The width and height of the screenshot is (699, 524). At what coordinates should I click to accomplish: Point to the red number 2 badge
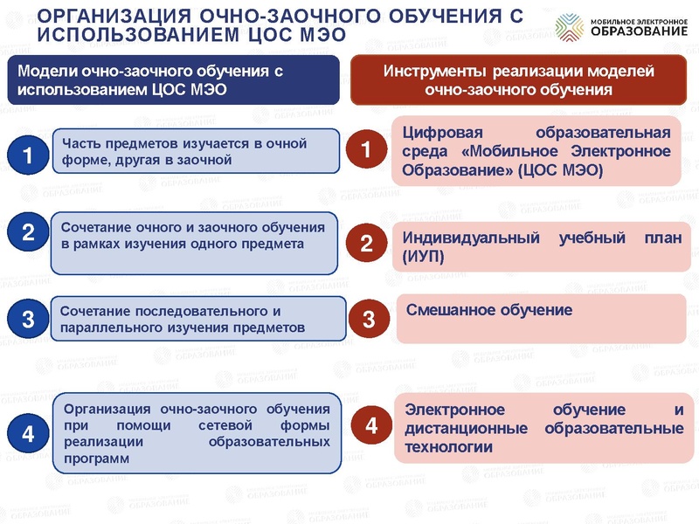coord(367,244)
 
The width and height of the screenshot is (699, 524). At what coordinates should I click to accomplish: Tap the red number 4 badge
coord(371,426)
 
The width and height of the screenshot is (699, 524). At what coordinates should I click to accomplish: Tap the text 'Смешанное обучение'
coord(489,310)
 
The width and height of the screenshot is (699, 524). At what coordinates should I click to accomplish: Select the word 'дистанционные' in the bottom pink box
coord(466,429)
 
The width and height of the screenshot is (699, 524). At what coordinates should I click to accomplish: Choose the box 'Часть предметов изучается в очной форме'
coord(195,151)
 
